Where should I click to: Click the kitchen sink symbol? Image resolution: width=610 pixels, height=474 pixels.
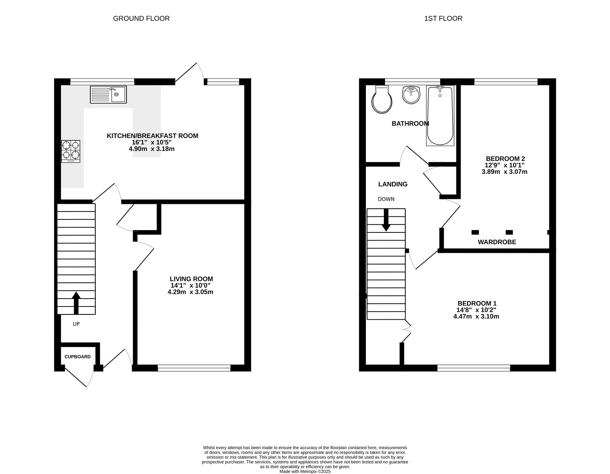[108, 94]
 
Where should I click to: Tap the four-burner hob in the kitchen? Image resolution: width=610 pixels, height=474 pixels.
[71, 151]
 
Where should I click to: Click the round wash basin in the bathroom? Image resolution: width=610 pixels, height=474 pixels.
[411, 94]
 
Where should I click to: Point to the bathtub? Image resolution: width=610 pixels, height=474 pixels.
[440, 115]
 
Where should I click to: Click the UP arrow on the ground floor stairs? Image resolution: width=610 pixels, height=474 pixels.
[76, 303]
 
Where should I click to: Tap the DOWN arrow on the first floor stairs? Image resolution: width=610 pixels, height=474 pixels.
[386, 220]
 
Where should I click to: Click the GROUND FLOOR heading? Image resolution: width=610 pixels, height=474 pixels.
[141, 18]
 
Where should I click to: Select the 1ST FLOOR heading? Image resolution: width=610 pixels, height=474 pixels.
[443, 18]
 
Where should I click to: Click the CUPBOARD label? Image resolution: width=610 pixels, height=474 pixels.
[77, 357]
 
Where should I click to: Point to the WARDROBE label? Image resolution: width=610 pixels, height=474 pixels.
[497, 242]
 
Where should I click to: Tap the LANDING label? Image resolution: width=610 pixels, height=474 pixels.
[393, 184]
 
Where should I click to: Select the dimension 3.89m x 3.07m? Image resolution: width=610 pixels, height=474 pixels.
[504, 172]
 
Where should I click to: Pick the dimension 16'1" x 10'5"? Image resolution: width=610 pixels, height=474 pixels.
[152, 142]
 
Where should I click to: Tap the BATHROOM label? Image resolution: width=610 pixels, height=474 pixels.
[410, 123]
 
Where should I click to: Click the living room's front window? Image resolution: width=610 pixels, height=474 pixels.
[194, 368]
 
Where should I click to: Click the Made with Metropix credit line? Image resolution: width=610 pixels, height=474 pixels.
[305, 471]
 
